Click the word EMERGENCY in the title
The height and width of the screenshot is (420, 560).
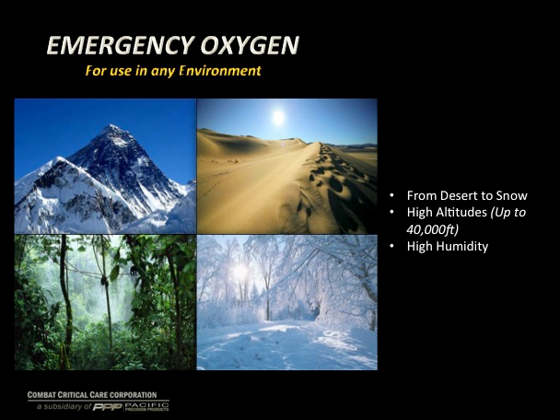coord(121,45)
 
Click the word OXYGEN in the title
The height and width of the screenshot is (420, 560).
coord(250,45)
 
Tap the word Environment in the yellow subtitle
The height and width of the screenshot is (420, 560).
coord(220,70)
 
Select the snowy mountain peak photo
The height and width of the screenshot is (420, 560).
coord(105,167)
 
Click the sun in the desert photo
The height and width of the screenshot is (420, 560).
coord(278,117)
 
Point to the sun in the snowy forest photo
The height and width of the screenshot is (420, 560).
coord(240,271)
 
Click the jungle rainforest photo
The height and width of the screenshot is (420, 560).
coord(105,302)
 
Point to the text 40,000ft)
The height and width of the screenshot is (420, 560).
coord(433,229)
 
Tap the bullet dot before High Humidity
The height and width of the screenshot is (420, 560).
coord(392,246)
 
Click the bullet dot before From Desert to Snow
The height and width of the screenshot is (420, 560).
coord(392,195)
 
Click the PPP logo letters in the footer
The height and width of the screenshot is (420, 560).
coord(108,407)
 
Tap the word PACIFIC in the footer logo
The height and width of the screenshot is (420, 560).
coord(146,405)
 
